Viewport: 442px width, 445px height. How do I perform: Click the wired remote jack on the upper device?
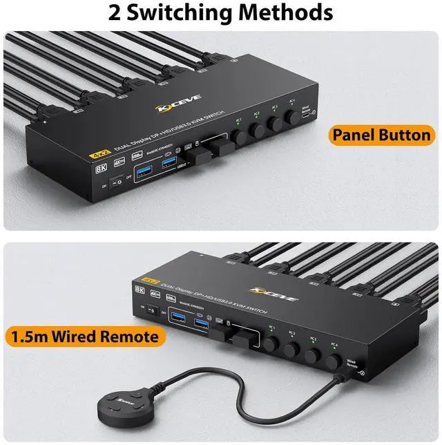coord(314,115)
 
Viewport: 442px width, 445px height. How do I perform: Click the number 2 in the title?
coord(118,12)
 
